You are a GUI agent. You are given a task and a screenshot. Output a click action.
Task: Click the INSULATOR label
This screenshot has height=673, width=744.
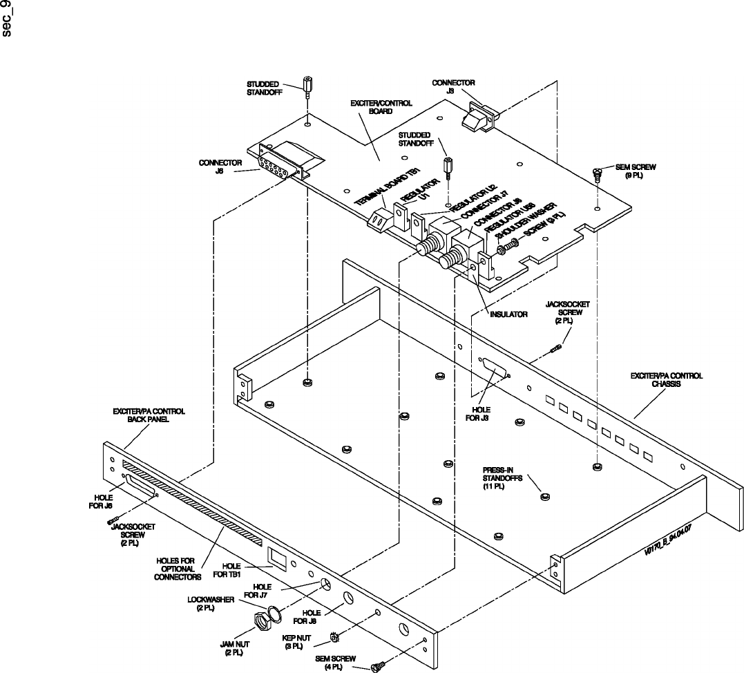pos(509,314)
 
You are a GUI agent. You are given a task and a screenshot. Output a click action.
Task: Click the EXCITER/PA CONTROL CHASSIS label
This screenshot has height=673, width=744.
pos(666,380)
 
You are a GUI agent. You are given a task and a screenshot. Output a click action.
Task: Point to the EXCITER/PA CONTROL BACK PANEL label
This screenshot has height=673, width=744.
pos(149,415)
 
